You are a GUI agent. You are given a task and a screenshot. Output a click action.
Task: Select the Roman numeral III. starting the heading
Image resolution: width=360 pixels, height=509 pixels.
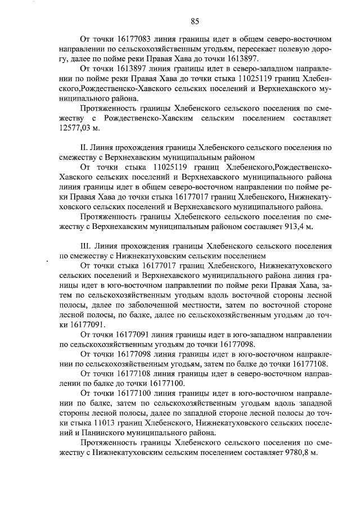point(87,246)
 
